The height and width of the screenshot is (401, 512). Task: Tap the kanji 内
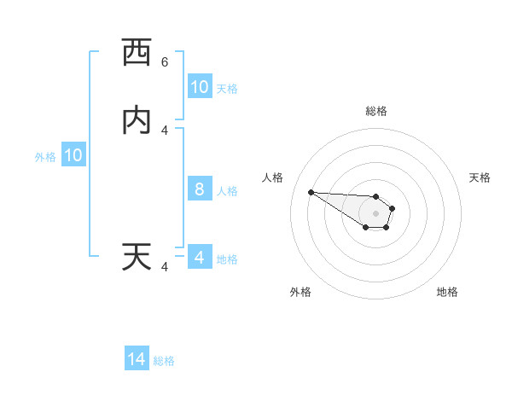point(137,120)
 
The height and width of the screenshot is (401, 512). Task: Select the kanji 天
point(137,257)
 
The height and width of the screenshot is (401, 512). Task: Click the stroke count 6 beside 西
point(165,62)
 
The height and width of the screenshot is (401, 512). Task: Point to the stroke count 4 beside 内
point(165,131)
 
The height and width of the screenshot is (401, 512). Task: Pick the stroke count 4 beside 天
point(165,267)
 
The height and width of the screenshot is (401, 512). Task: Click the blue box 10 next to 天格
point(199,87)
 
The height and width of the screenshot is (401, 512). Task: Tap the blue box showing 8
point(199,189)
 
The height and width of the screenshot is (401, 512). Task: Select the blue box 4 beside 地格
point(199,258)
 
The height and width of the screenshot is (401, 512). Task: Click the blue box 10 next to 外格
point(73,156)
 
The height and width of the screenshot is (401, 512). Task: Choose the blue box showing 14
point(137,360)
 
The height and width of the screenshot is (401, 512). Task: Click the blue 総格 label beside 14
point(164,361)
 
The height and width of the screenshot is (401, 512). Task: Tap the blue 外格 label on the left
point(45,157)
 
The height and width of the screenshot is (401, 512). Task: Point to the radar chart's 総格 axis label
point(375,111)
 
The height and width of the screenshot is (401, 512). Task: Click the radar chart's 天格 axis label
point(480,177)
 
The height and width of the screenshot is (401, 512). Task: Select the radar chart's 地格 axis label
point(447,292)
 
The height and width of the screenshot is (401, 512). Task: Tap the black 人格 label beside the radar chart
point(273,177)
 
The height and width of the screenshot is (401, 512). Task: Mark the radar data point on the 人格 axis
point(311,192)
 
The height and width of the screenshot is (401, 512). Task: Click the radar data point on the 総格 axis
point(375,194)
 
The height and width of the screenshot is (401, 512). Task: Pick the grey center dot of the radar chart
point(375,213)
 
